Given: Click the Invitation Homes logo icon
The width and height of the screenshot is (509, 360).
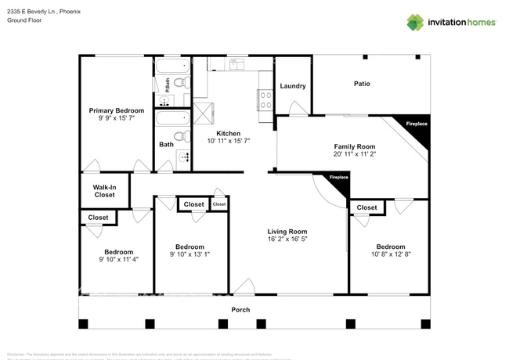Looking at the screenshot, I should tap(414, 22).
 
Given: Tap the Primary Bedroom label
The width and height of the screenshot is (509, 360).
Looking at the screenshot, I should tap(116, 111).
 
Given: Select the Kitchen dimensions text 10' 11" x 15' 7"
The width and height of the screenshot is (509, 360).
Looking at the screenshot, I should tap(229, 142).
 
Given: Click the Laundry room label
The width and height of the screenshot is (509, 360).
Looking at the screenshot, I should tap(292, 86).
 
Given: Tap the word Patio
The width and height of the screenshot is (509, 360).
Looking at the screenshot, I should tap(361, 84).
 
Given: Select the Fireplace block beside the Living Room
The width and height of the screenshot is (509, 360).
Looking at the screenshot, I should tap(338, 181).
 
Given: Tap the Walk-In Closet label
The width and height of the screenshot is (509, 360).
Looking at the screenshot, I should tap(104, 191).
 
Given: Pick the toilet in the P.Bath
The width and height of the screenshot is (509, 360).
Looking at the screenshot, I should tap(179, 82).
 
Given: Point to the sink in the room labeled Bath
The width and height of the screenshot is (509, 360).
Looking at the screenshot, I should tap(184, 157).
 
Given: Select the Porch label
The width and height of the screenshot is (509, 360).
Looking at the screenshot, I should tap(240, 310).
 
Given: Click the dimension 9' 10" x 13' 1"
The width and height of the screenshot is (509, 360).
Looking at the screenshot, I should tap(190, 254).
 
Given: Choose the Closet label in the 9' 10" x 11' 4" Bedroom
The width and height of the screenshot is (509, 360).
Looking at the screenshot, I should tap(98, 218).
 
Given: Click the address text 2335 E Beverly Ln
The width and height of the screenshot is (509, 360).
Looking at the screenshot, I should tap(34, 12).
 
